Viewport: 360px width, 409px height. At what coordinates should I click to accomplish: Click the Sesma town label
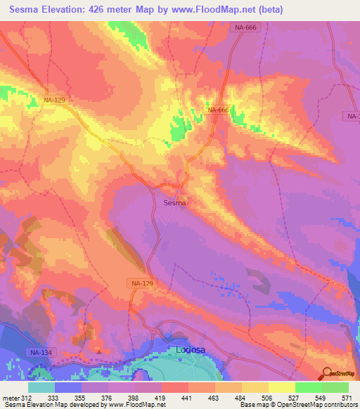[174, 203]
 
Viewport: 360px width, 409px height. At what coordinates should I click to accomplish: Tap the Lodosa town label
[190, 349]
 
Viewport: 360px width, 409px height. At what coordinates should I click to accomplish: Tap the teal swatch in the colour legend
[41, 387]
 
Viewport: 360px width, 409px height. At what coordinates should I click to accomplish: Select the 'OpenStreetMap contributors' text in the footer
[320, 405]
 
